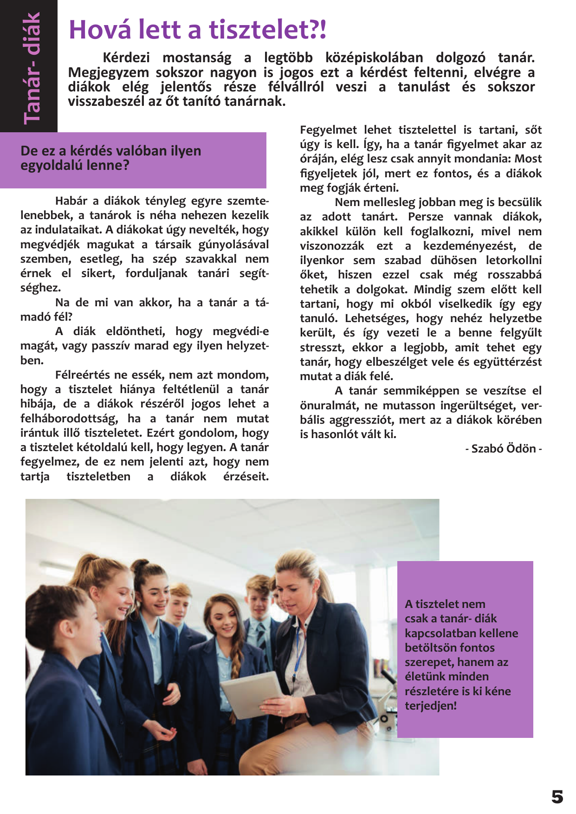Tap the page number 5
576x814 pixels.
coord(557,797)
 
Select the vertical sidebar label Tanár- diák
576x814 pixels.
coord(32,68)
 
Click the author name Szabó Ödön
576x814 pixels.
coord(503,449)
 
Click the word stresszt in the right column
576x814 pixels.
coord(321,348)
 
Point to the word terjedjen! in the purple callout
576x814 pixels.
coord(431,706)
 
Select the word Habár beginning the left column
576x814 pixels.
coord(71,201)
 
